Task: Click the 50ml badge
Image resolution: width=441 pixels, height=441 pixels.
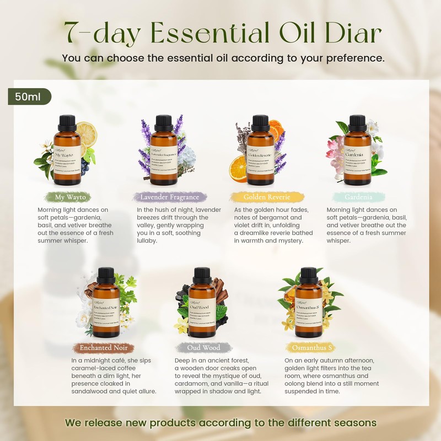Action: tap(29, 96)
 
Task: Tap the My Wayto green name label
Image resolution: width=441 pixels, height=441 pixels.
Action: tap(70, 197)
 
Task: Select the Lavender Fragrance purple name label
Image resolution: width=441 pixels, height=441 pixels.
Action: tap(170, 197)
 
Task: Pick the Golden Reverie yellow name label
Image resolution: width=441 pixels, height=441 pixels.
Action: tap(266, 197)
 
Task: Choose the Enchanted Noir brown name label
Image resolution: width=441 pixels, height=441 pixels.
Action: tap(103, 348)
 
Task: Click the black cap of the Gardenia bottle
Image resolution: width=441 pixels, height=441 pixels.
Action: tap(358, 121)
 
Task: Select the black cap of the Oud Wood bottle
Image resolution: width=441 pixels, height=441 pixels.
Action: tap(198, 273)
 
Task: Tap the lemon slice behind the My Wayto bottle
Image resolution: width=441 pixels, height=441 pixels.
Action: tap(86, 134)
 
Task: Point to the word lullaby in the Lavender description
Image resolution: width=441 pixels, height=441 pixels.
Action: tap(147, 241)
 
